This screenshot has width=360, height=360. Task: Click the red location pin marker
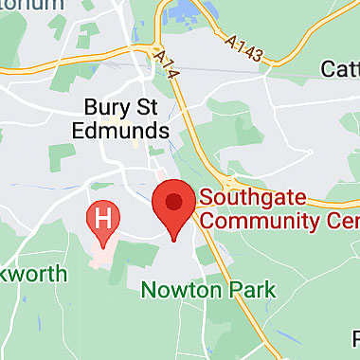(174, 206)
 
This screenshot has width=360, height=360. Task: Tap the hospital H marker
(104, 219)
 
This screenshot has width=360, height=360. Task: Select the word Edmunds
(126, 130)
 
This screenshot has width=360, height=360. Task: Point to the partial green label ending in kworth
(33, 274)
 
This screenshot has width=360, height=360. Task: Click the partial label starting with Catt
(337, 68)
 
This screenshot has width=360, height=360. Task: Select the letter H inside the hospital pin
(104, 218)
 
